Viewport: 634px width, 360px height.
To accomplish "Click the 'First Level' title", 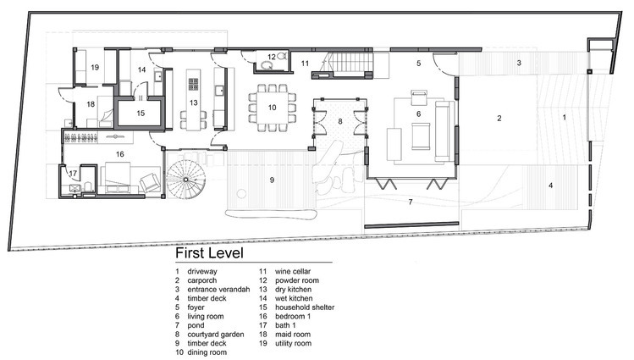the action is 209,253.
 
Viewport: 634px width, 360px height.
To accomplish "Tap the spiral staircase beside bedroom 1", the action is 185,180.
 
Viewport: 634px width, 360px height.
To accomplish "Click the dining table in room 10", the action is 272,108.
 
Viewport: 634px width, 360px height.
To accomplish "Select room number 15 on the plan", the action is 141,114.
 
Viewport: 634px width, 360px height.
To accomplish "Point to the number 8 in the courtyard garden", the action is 340,121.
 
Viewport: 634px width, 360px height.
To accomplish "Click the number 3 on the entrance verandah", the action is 519,63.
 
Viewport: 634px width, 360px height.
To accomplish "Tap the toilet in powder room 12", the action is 266,64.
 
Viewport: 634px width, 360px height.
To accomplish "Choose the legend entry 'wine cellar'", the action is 293,271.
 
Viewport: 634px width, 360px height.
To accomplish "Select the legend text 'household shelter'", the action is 305,307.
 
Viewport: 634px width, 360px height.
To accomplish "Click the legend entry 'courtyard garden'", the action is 216,335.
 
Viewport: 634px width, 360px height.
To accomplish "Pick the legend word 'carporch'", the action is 201,280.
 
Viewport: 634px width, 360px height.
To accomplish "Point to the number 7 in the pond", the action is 410,202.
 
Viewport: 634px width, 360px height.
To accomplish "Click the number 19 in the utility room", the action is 95,67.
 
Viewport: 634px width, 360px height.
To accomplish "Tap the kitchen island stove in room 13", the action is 193,84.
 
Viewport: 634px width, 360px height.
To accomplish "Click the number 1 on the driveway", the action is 565,117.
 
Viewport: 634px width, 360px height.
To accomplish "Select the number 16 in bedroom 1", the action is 119,154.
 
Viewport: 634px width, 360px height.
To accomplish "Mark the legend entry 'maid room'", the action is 293,335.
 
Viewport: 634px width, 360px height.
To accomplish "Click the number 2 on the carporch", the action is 499,118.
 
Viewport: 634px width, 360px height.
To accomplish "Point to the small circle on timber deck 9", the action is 241,194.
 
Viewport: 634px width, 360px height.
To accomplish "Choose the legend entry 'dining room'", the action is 207,352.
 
